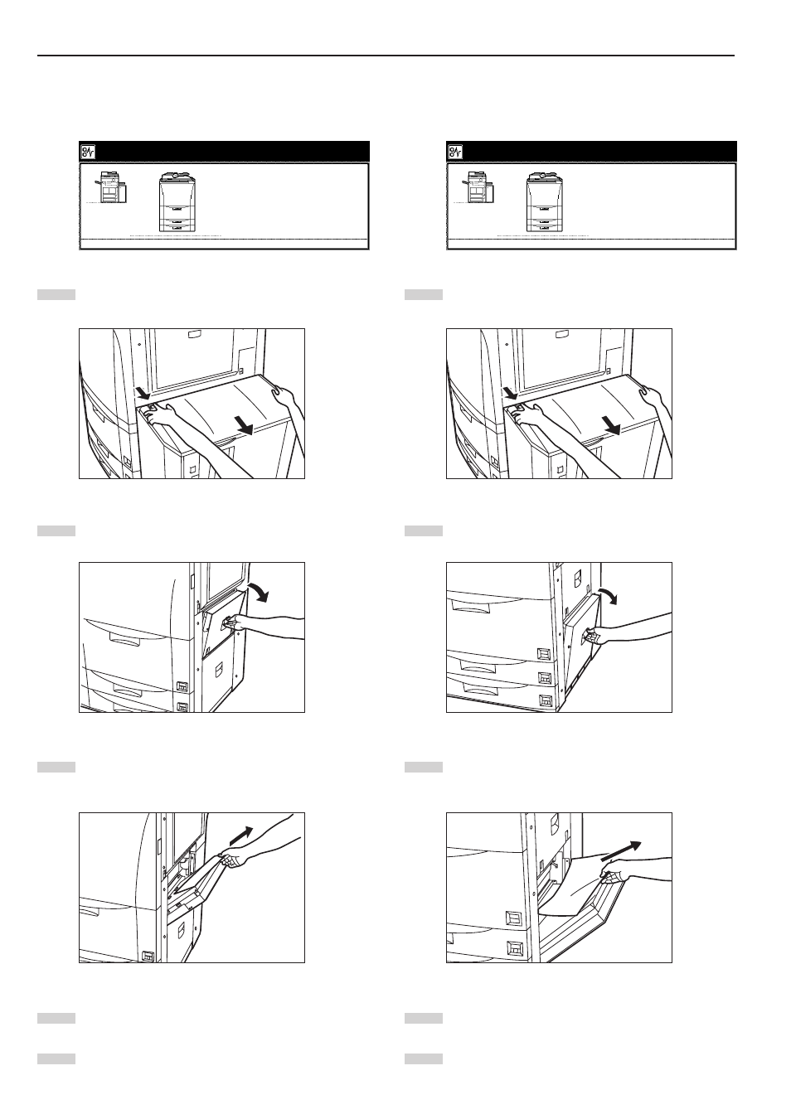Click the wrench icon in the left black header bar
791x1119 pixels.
(x=89, y=152)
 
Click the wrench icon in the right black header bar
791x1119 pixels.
(x=456, y=152)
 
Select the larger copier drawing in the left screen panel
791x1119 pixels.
(x=179, y=202)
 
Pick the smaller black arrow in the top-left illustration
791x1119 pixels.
(x=141, y=390)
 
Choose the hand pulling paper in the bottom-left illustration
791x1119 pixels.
(x=232, y=860)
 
